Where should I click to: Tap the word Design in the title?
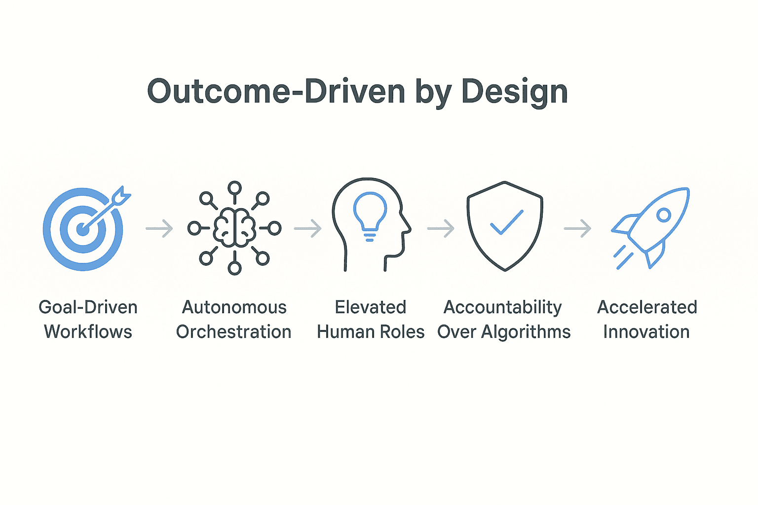515,92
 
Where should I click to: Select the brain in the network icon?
234,227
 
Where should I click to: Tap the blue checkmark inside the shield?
507,222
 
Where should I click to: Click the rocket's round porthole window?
664,215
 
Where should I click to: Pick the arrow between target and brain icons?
159,229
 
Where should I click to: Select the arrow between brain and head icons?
307,229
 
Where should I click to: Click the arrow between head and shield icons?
441,229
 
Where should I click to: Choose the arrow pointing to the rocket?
577,229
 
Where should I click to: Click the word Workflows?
88,331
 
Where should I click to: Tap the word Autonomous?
234,307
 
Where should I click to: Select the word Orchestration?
233,331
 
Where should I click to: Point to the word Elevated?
371,307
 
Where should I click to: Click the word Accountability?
502,308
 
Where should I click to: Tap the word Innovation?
646,331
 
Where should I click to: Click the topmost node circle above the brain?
234,188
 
